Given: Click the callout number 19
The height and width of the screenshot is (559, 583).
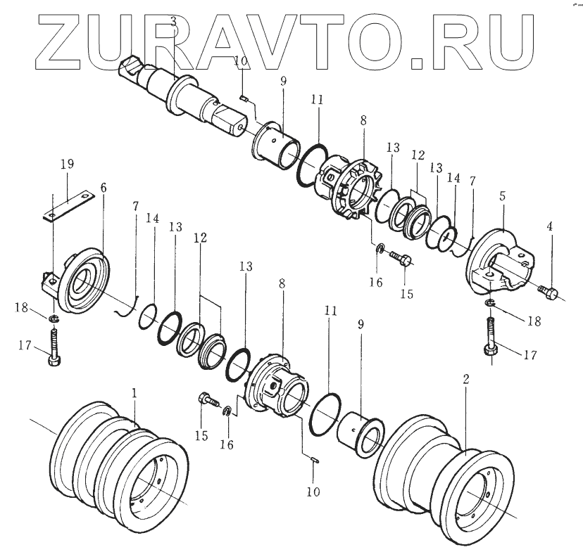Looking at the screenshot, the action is [x=67, y=165].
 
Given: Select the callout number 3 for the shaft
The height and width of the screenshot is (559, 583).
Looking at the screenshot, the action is [x=173, y=25].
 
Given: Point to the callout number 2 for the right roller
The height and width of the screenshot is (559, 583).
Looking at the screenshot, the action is [x=465, y=379].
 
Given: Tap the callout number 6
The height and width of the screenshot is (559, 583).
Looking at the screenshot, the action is [x=104, y=188].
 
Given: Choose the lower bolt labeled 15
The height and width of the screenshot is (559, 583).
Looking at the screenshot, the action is [x=206, y=400].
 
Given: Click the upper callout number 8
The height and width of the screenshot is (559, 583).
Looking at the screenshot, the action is [x=363, y=120].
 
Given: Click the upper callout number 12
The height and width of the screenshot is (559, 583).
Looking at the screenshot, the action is [x=418, y=154].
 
